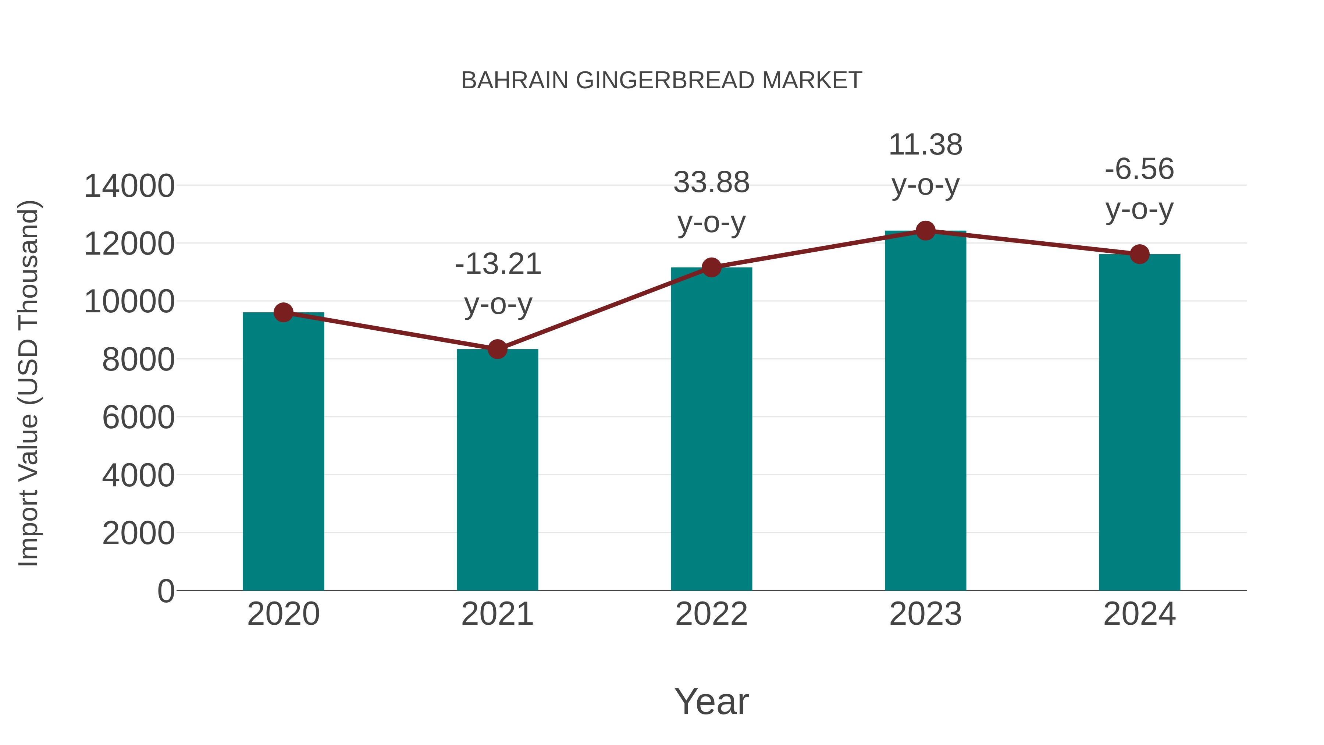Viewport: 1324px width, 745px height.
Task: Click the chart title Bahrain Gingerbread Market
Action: point(662,81)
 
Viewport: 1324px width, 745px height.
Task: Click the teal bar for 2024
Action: point(1139,422)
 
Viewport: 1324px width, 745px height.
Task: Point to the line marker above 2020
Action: point(283,312)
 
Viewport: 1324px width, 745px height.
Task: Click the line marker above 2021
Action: point(497,349)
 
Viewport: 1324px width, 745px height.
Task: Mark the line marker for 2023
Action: point(925,231)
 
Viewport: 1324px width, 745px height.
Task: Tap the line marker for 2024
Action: point(1139,254)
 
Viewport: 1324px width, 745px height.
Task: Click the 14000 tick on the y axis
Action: point(129,186)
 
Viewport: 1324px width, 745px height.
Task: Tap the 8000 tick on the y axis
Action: point(138,360)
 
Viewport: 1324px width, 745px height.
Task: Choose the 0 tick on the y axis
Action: point(166,591)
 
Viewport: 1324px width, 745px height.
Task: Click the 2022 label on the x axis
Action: point(711,614)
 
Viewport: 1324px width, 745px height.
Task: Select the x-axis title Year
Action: point(711,701)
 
